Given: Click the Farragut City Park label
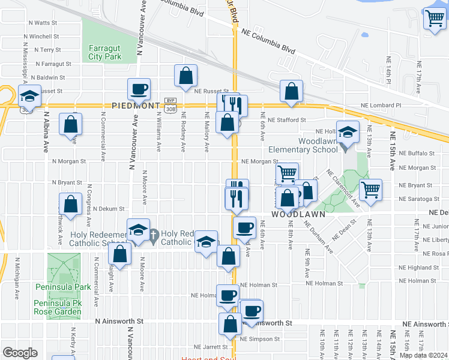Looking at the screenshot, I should click(105, 52).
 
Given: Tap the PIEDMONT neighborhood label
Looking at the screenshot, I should click(136, 106).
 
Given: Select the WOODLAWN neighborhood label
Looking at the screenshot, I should click(298, 214).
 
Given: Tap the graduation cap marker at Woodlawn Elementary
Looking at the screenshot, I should click(347, 133).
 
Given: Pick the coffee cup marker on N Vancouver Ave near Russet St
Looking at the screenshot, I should click(139, 89).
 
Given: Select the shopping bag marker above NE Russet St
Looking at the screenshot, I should click(185, 76).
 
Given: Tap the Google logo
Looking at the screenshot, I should click(20, 353).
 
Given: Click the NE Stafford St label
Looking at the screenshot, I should click(288, 119).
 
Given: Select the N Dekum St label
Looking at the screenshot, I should click(108, 209).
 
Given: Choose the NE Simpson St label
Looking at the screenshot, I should click(259, 339).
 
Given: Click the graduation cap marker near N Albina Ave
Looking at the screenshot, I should click(28, 95).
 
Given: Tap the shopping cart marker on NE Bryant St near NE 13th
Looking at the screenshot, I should click(370, 190).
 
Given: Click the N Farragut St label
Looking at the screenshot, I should click(53, 64).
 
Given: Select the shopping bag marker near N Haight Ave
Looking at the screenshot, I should click(120, 254).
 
